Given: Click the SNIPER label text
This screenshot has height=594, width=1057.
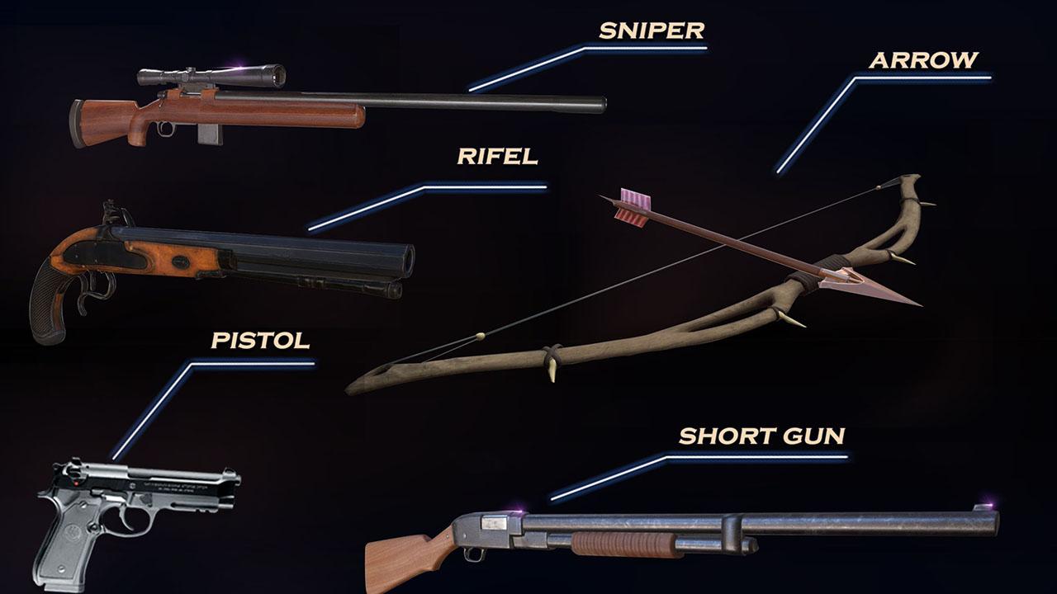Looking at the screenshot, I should (652, 31).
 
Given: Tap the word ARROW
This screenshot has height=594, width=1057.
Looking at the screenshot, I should (923, 60).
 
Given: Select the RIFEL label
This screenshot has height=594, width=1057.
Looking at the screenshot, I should (497, 156).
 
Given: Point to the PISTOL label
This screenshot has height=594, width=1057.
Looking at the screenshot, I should (260, 340).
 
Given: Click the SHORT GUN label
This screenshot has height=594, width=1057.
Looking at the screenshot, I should (761, 436).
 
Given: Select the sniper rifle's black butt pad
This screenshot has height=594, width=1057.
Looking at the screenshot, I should (77, 125).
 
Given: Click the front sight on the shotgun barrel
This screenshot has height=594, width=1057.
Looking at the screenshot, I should (984, 507).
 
